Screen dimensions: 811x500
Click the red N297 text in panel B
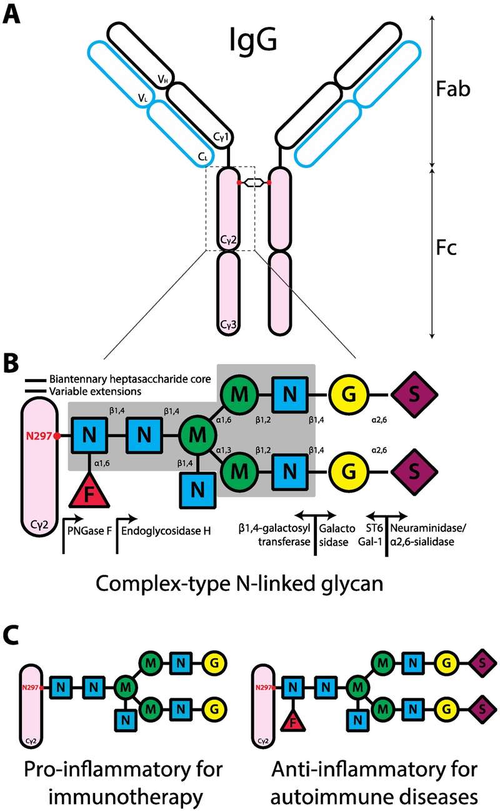click(x=39, y=435)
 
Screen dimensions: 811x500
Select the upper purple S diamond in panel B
click(x=414, y=395)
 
